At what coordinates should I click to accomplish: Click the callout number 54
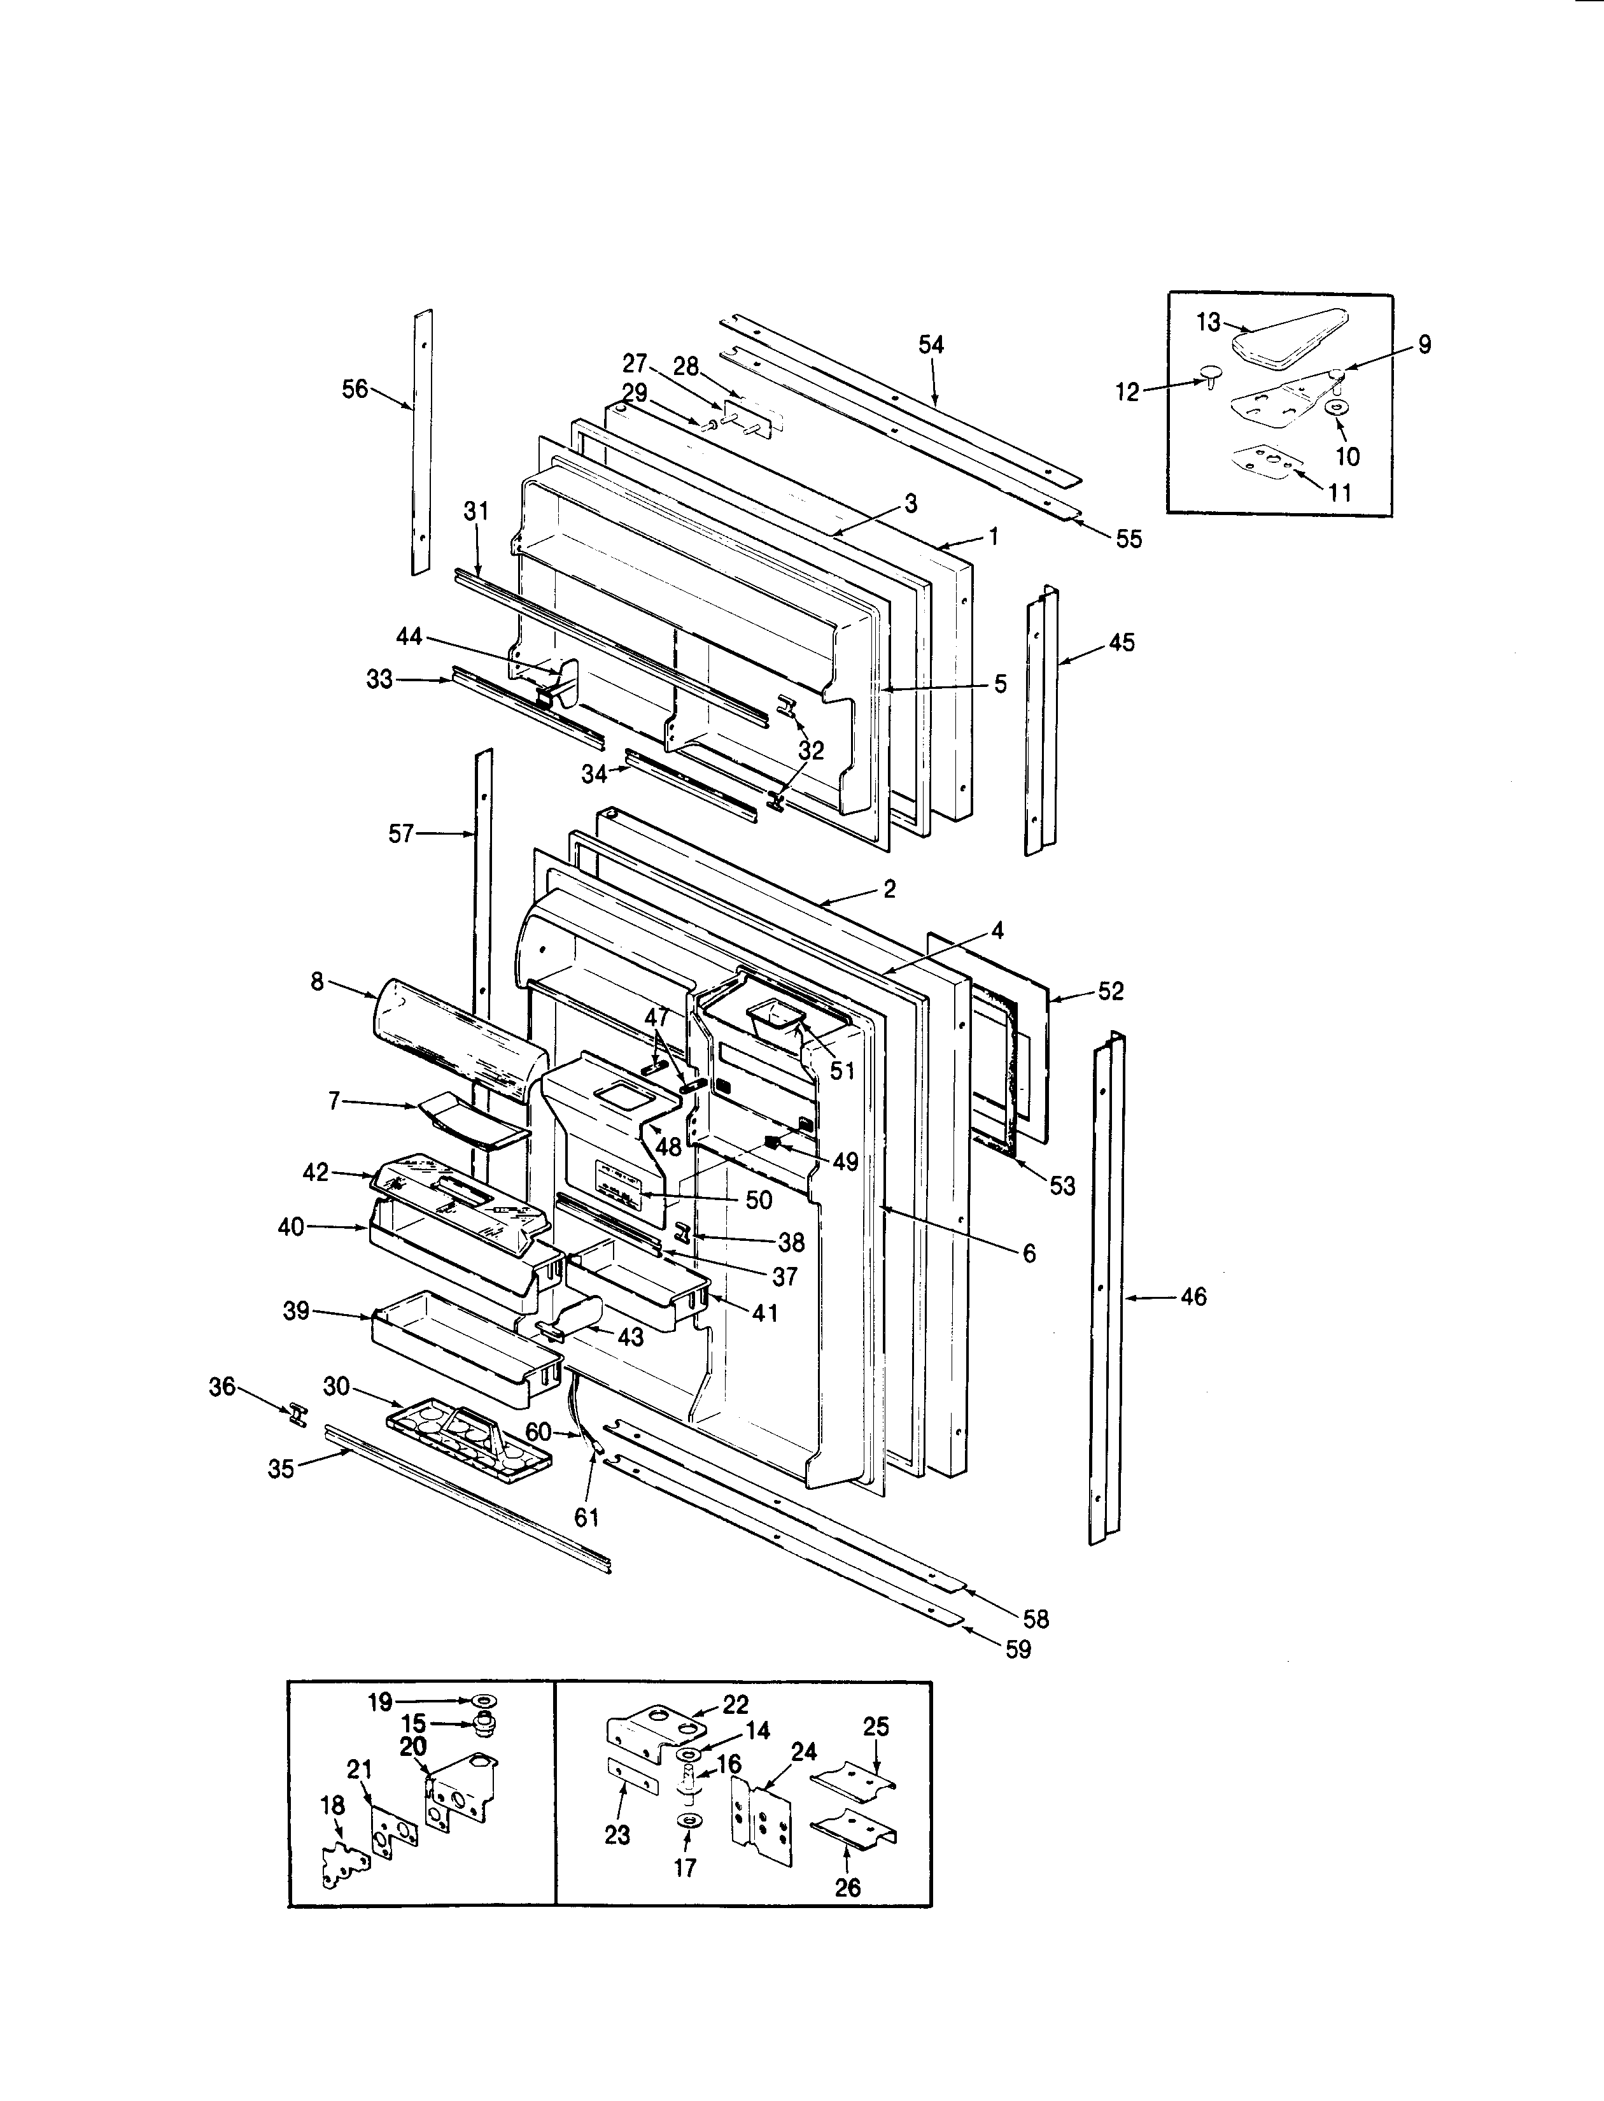[x=931, y=345]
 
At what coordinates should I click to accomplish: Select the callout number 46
[x=1193, y=1297]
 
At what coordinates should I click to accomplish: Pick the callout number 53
[x=1062, y=1186]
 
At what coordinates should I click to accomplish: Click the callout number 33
[x=379, y=680]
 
